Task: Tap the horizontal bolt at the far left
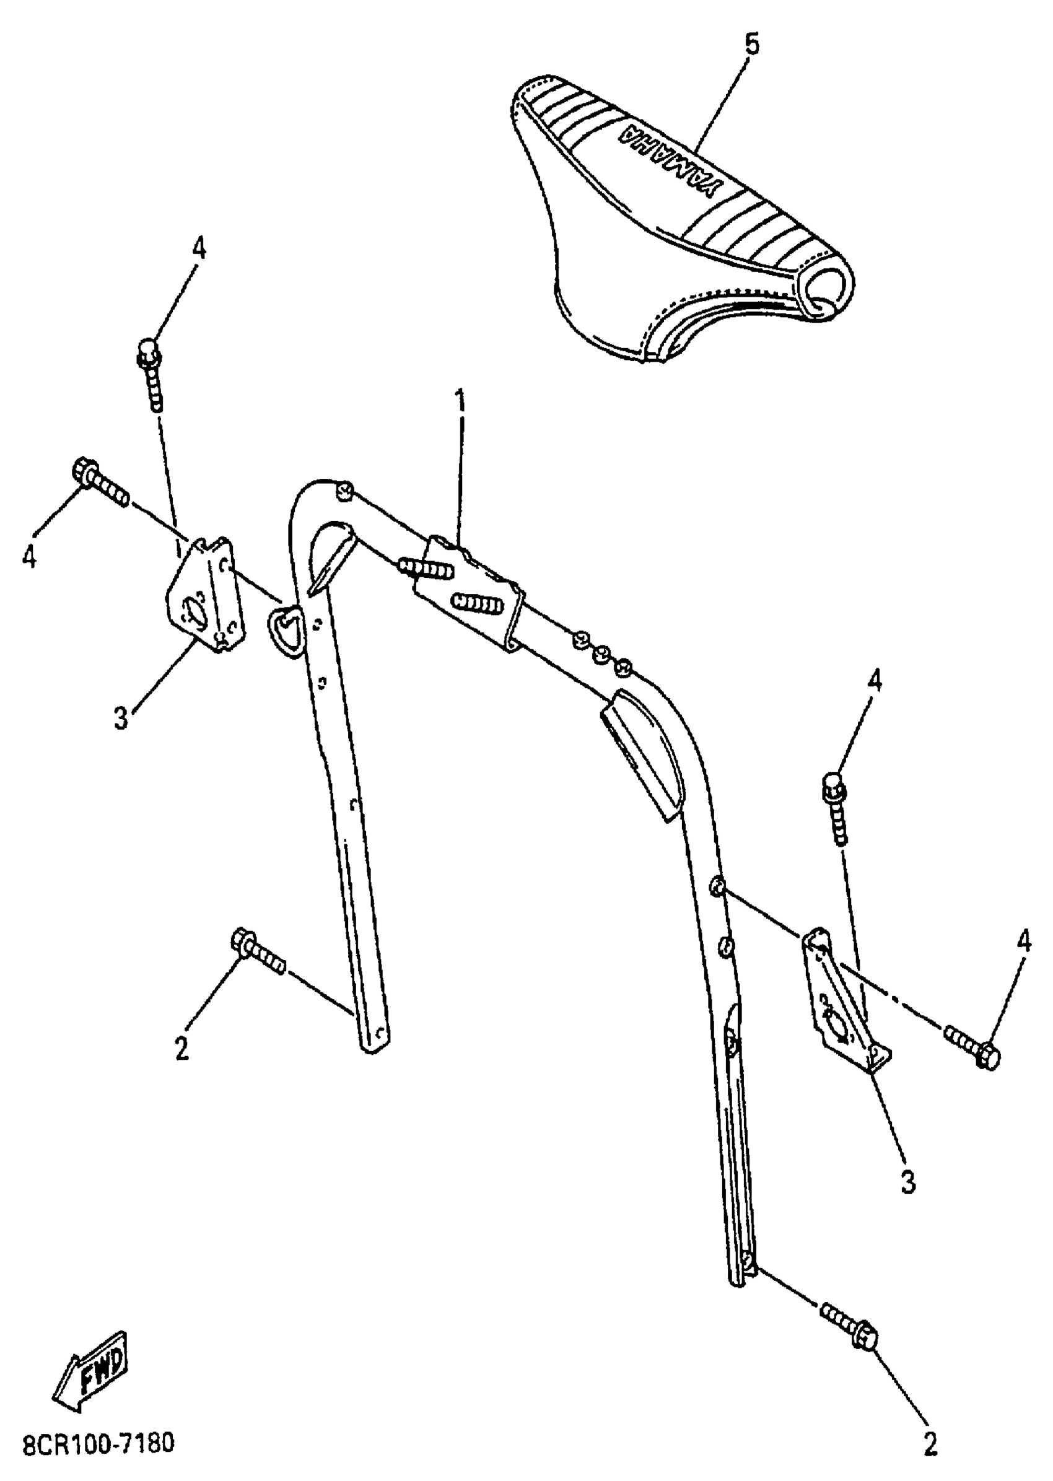[x=100, y=483]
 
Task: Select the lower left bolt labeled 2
[x=258, y=955]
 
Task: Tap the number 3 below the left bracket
[x=121, y=719]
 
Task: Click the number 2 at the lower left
[x=182, y=1047]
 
